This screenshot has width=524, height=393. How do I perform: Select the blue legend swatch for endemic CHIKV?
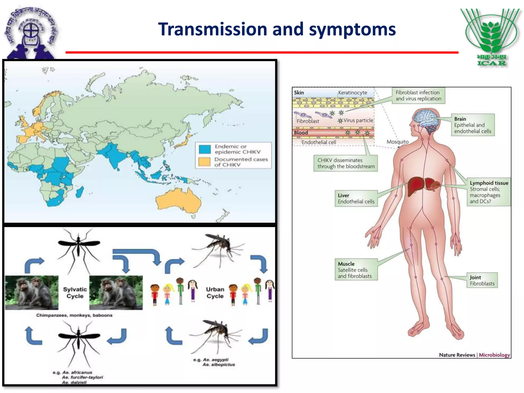point(205,149)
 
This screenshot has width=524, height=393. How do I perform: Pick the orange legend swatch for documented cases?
point(205,162)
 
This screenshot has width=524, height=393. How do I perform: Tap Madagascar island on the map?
point(80,192)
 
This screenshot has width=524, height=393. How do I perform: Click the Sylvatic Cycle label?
point(75,292)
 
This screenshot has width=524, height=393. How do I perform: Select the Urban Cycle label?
point(215,292)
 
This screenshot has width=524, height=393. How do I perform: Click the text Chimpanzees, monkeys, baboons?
point(74,315)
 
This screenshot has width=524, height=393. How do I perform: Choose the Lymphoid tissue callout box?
point(488,192)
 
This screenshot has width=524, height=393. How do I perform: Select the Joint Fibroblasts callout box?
point(482,280)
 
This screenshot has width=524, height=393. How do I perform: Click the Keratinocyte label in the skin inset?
point(353,93)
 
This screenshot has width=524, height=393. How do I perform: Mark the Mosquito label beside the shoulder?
point(397,142)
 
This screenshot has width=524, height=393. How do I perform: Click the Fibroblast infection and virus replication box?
point(418,95)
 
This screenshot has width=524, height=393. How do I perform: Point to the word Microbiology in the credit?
point(494,355)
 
